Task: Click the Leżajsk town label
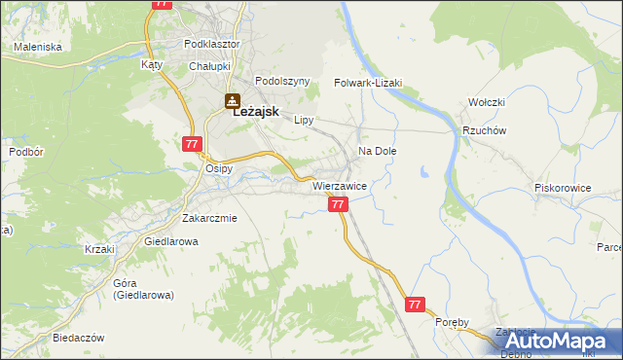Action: [x=256, y=112]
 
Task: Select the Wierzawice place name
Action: [x=339, y=185]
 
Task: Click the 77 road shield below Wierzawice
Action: [x=338, y=204]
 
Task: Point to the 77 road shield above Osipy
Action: [x=191, y=144]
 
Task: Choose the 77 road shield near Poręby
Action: [x=416, y=305]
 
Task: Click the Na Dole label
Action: [x=378, y=152]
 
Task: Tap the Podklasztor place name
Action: [x=211, y=44]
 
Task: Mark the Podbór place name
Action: [x=26, y=152]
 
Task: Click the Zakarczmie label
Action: [x=209, y=218]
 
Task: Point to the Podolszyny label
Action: [x=281, y=81]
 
